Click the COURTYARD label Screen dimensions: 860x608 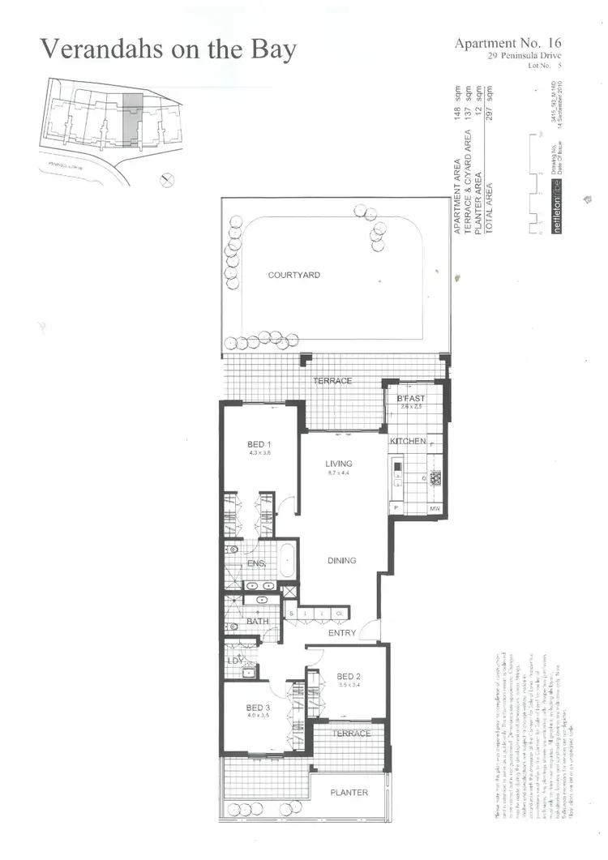293,276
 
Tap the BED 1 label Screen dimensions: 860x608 259,444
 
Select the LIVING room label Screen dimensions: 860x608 338,464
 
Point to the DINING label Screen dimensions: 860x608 341,561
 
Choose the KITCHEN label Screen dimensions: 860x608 408,441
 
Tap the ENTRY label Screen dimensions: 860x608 340,633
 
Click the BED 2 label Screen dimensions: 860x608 349,677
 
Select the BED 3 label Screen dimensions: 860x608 259,708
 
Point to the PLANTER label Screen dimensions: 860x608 349,792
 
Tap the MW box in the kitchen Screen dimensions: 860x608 435,509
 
